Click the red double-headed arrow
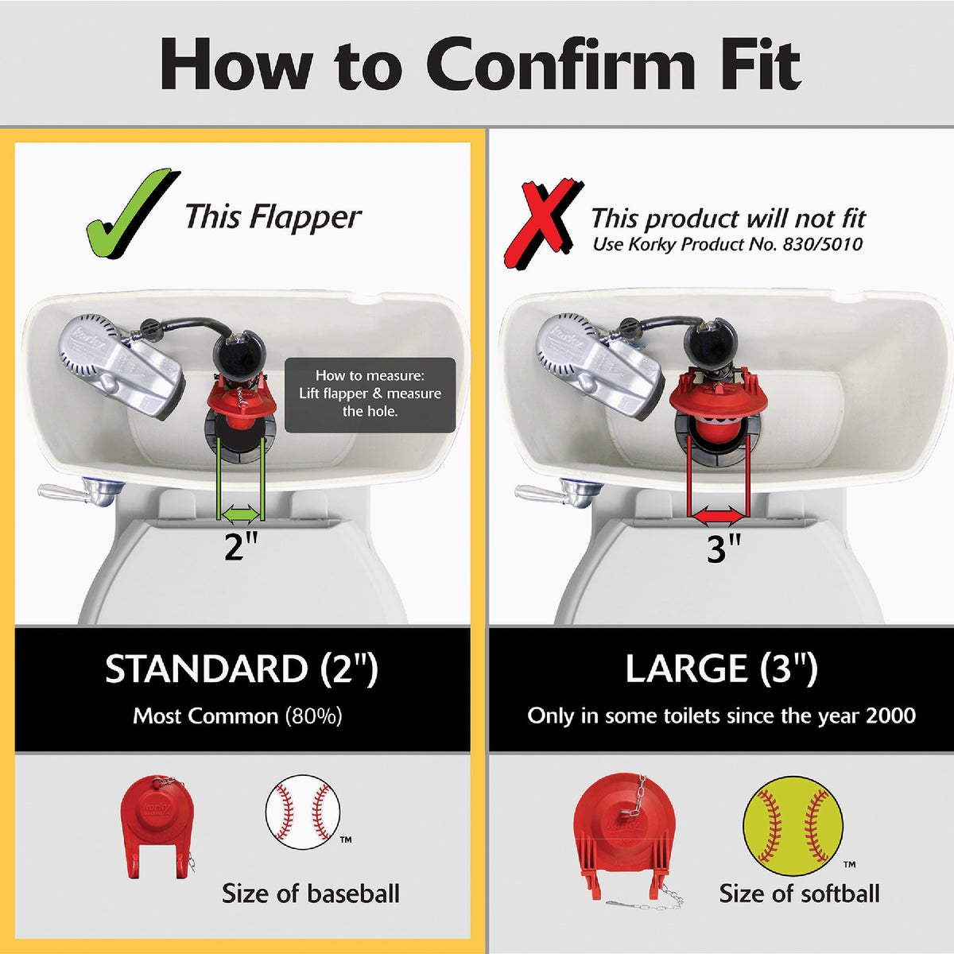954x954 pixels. (x=718, y=518)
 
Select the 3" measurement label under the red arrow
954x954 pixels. (x=723, y=549)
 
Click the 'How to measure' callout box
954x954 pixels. (x=370, y=394)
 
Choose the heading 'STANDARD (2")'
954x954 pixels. (x=242, y=669)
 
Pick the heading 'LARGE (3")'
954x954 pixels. (x=721, y=669)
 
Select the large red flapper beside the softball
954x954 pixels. (x=628, y=839)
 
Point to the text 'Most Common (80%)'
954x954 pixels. (x=238, y=716)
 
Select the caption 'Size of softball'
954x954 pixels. (x=799, y=894)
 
